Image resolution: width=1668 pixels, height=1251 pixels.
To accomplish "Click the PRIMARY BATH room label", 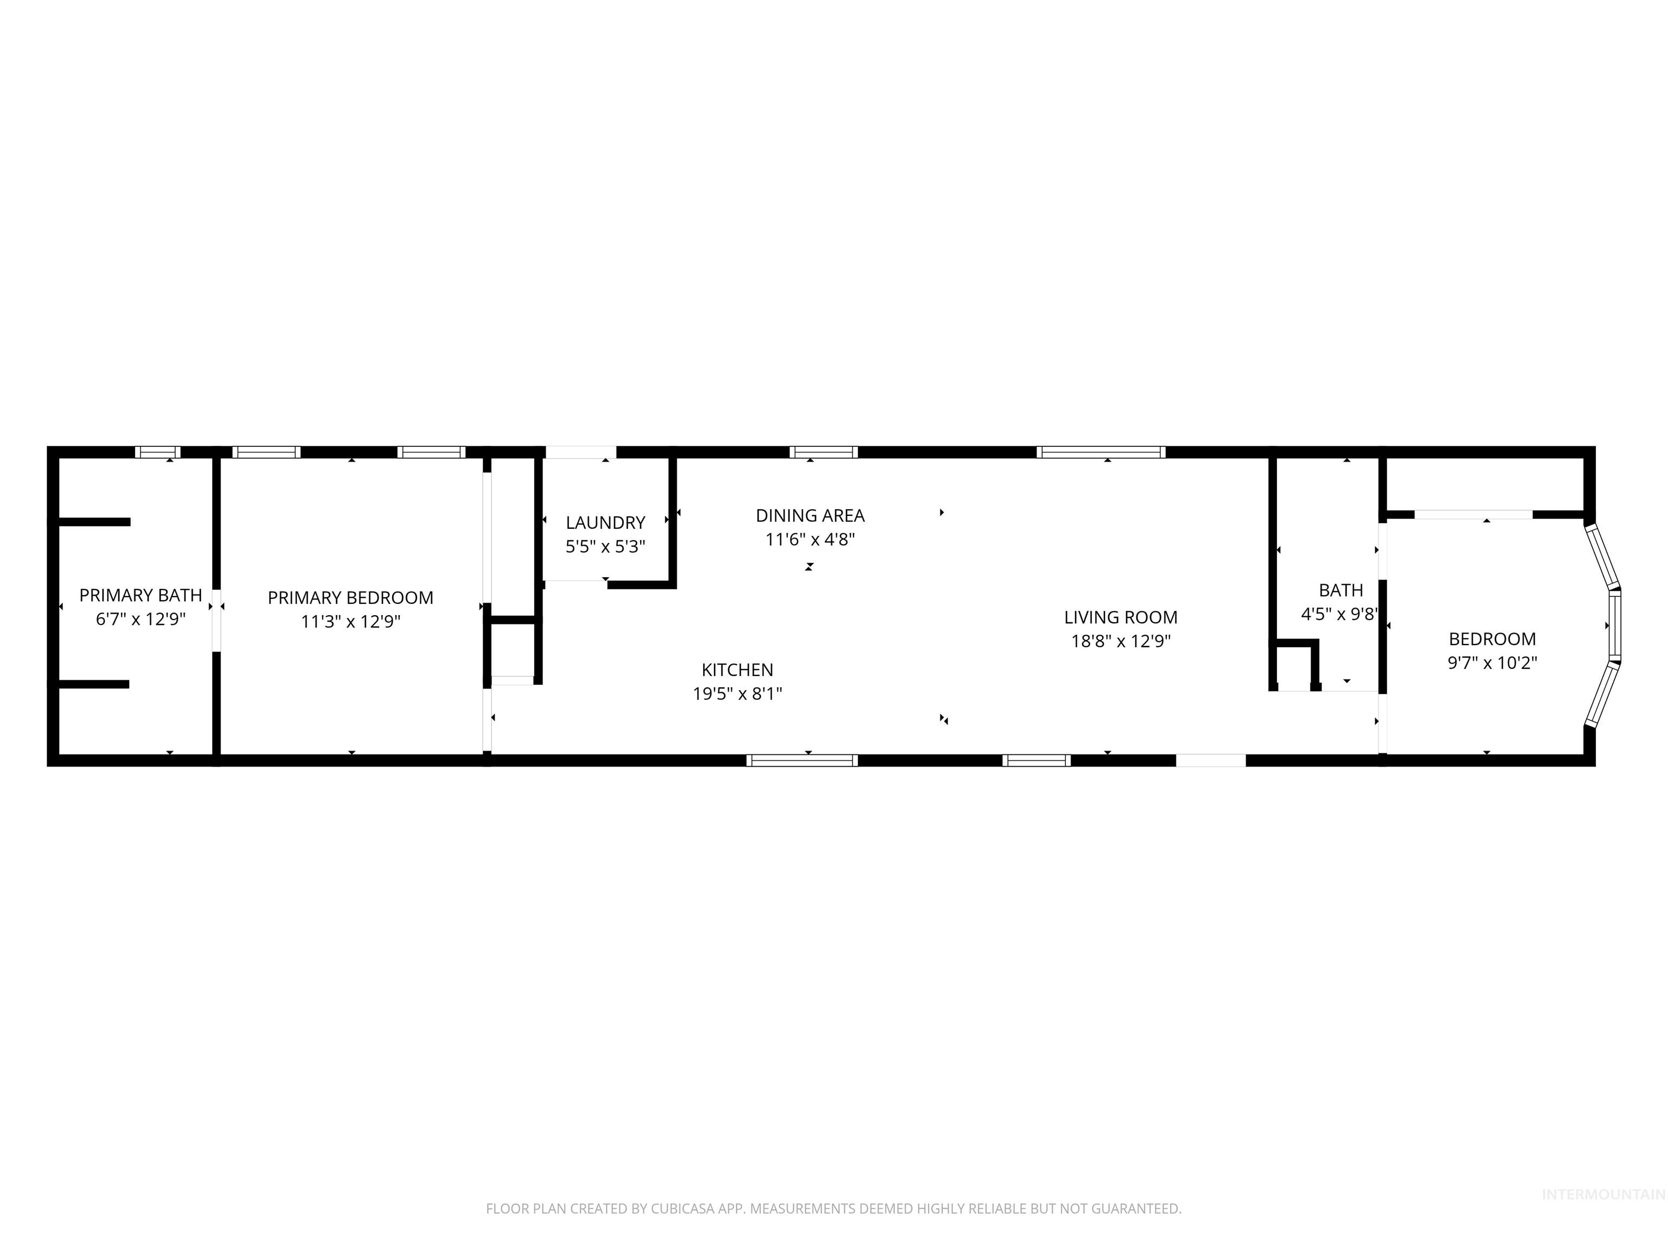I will pos(140,595).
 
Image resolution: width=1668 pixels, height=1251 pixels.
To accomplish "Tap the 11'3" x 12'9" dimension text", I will pos(351,621).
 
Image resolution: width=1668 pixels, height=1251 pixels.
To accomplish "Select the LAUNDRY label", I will pos(605,522).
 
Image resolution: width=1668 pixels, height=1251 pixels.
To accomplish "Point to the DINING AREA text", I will pos(810,516).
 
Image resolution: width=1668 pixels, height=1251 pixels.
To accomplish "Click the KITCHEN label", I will pos(737,669).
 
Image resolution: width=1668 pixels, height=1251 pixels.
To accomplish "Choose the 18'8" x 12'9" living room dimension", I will pos(1121,641).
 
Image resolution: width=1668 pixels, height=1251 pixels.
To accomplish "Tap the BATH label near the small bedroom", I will pos(1341,590).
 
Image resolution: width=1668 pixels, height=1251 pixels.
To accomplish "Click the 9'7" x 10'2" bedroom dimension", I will pos(1492,663).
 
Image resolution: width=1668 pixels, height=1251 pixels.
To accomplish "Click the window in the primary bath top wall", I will pos(157,452).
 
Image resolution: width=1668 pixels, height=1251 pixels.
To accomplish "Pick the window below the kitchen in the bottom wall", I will pos(803,760).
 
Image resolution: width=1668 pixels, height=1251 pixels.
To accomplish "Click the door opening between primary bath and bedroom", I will pos(217,621).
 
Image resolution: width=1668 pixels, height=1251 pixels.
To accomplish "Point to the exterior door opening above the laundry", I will pos(580,452).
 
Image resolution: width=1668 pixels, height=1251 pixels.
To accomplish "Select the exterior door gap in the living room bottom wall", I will pos(1211,760).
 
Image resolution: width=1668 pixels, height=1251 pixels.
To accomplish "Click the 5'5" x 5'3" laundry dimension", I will pos(605,547).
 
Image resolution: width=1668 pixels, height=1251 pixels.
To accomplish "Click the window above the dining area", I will pos(824,452).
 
